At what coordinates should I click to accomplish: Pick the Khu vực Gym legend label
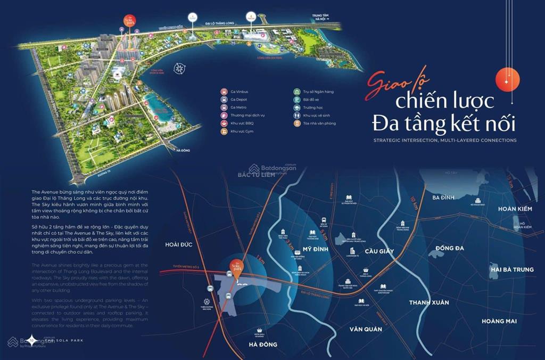(243, 131)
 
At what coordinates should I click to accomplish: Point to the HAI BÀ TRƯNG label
(511, 269)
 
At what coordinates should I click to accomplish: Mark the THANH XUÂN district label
(428, 302)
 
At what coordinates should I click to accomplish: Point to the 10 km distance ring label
(414, 202)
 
